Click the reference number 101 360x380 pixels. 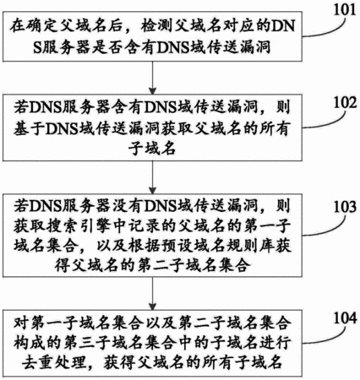coord(345,10)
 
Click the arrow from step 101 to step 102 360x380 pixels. coord(152,78)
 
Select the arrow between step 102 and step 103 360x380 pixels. coord(152,177)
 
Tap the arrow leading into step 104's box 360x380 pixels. coord(152,293)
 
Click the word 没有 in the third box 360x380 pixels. coord(128,207)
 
